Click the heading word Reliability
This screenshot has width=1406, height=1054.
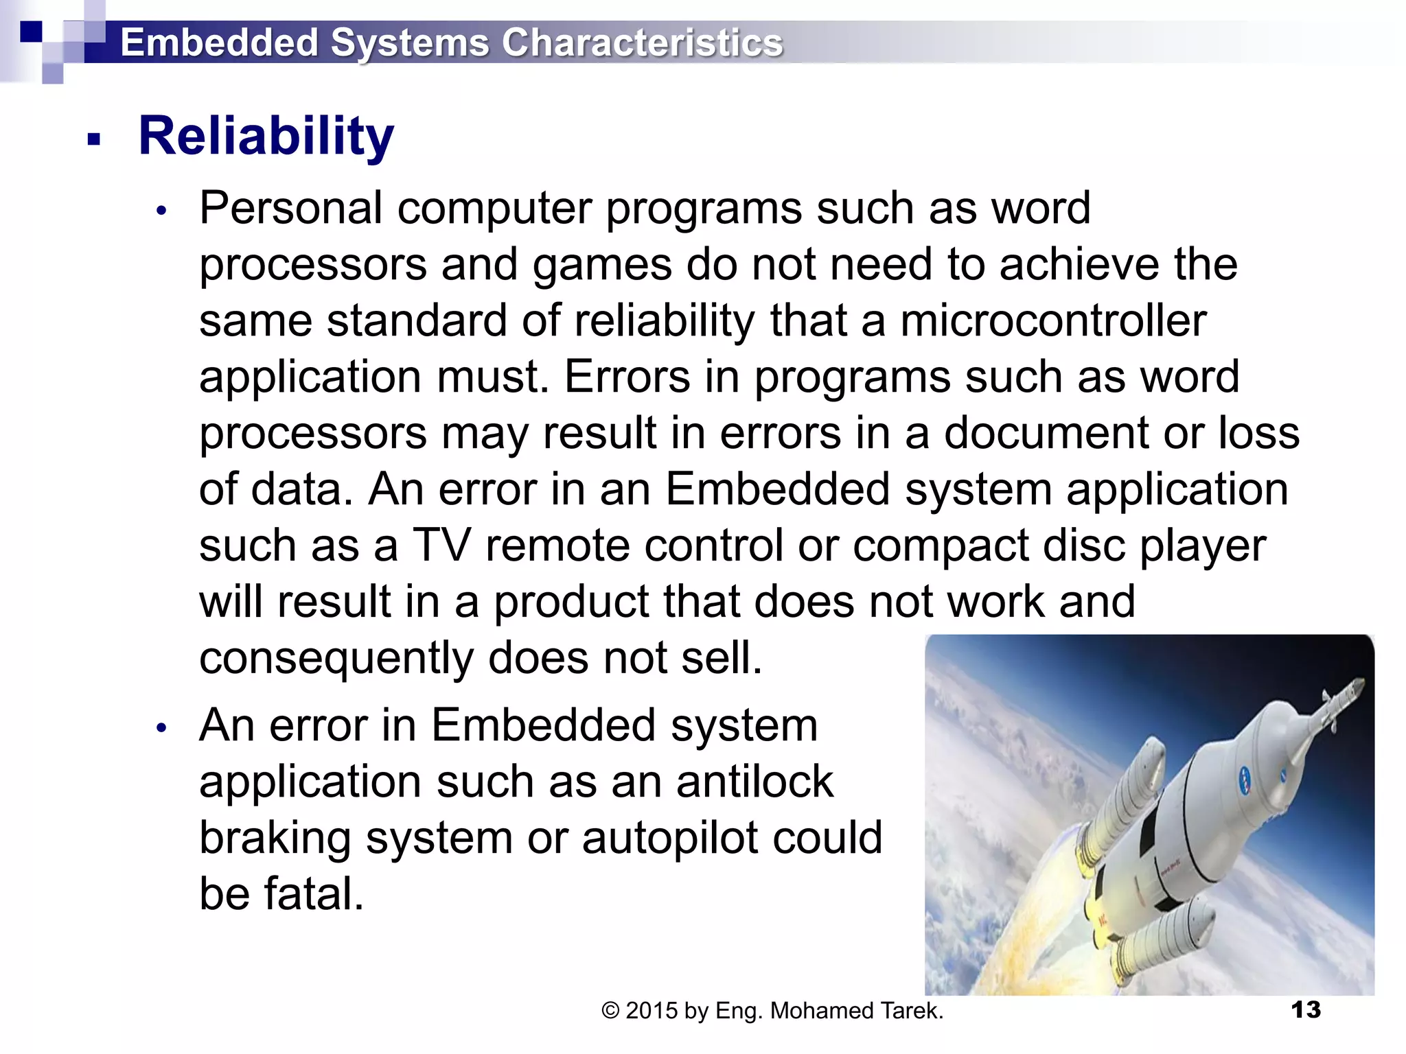coord(266,136)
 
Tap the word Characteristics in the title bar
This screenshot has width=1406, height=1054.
coord(642,43)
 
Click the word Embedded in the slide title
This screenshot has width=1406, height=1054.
coord(219,43)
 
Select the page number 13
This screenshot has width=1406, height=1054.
coord(1305,1010)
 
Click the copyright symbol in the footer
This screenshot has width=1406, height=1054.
coord(610,1011)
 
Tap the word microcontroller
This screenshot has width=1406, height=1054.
coord(1053,320)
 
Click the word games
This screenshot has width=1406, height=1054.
coord(602,264)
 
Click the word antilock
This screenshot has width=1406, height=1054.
coord(754,782)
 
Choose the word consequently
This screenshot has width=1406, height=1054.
coord(336,658)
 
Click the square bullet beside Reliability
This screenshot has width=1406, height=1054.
coord(94,140)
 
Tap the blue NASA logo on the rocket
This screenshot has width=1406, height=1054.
coord(1245,779)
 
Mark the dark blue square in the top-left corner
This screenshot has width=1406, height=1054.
coord(31,32)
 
